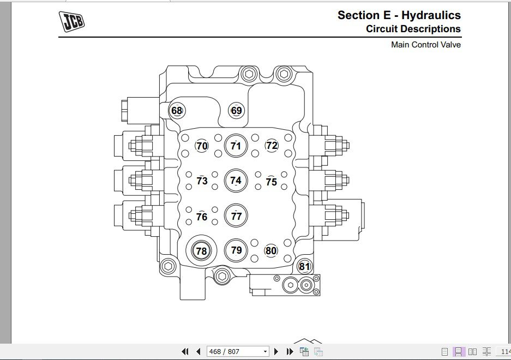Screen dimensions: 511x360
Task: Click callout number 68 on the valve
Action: (177, 111)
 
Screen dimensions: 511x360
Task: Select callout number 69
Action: (236, 111)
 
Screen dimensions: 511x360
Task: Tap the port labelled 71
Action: (236, 146)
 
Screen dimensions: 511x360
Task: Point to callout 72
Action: (272, 146)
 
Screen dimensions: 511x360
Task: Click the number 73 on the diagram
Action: (202, 181)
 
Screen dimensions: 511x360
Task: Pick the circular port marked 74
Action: (236, 181)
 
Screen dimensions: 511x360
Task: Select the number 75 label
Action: (271, 182)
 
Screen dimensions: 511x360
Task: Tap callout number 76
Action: (202, 217)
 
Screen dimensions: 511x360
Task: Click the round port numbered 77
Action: (236, 215)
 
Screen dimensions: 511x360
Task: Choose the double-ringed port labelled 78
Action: (201, 251)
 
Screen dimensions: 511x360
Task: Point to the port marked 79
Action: (236, 250)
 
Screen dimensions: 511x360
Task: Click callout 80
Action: (271, 250)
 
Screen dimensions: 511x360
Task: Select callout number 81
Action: (304, 266)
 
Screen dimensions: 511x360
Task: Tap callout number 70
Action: (202, 146)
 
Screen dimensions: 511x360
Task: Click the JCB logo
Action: (71, 21)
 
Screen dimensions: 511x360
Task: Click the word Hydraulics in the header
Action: (431, 15)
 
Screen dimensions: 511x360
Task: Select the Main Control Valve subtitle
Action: (426, 45)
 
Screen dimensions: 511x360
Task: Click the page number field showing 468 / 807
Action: (238, 351)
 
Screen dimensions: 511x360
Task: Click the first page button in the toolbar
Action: (185, 351)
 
